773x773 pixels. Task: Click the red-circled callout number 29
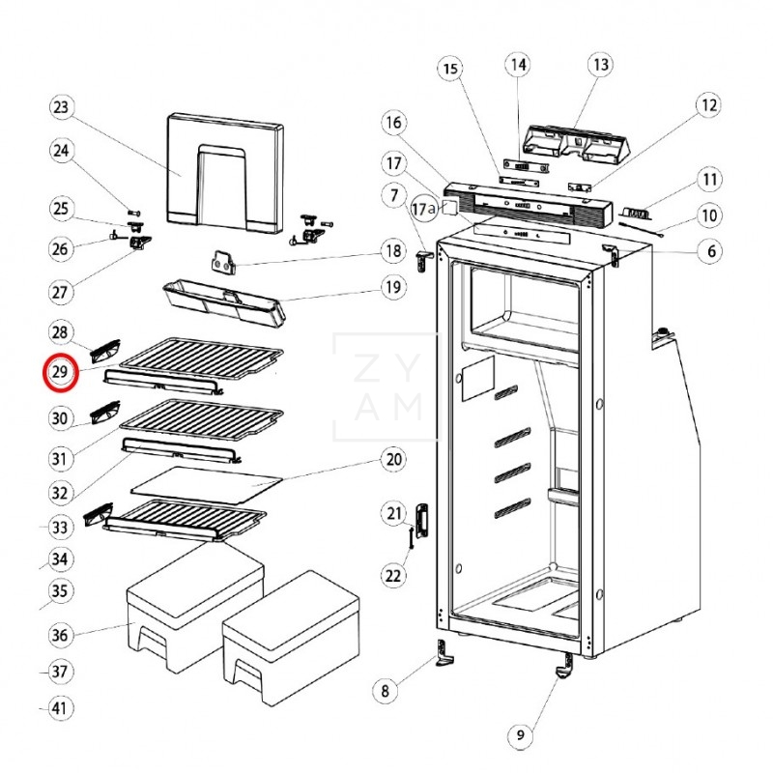pos(60,372)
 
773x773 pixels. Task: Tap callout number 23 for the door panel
pos(61,107)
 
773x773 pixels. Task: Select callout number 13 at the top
pos(600,65)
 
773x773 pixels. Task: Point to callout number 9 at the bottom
pos(521,735)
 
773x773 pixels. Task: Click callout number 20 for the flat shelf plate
pos(393,460)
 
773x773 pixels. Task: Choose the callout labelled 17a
pos(425,209)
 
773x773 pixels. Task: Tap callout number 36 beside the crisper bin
pos(60,635)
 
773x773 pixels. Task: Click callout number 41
pos(59,708)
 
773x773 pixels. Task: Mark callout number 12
pos(708,105)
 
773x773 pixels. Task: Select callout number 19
pos(393,287)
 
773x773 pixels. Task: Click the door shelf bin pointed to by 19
pos(224,301)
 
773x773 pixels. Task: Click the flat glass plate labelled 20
pos(206,485)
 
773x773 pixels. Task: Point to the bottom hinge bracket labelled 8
pos(445,653)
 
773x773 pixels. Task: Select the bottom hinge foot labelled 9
pos(565,667)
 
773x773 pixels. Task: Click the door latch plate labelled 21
pos(422,522)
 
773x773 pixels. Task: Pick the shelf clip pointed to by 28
pos(105,351)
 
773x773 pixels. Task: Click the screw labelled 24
pos(134,213)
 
